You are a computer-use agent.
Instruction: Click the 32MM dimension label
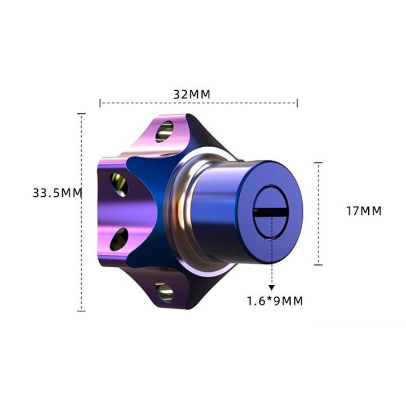click(x=192, y=95)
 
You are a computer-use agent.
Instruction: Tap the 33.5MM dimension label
click(x=58, y=193)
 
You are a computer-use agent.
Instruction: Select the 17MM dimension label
click(x=364, y=211)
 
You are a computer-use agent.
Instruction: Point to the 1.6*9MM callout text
click(x=275, y=301)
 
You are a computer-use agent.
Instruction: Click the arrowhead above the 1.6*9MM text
click(x=271, y=288)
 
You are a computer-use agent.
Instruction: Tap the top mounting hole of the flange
click(x=165, y=131)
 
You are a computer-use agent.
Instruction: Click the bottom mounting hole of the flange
click(x=165, y=292)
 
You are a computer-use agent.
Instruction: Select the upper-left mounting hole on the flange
click(x=119, y=184)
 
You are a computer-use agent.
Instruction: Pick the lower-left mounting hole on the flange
click(x=119, y=239)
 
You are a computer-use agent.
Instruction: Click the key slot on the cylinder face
click(x=270, y=213)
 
